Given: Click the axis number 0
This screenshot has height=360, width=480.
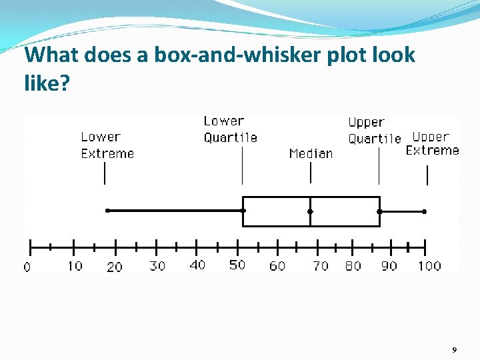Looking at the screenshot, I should [x=27, y=267].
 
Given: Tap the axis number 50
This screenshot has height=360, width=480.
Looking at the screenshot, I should [x=237, y=265].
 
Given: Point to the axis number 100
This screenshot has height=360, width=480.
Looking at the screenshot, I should [x=429, y=265].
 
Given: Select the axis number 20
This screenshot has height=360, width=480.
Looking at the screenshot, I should [x=115, y=267].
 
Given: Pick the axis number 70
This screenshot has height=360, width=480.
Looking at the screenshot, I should [x=321, y=265].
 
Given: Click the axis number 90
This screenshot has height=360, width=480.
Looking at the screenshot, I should [x=389, y=265].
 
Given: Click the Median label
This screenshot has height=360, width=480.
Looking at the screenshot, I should [x=311, y=153].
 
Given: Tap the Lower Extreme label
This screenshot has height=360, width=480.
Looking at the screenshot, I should [x=107, y=145].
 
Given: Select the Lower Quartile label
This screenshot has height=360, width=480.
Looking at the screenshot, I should [x=230, y=129].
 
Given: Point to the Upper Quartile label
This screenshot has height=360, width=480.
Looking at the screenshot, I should [x=374, y=131].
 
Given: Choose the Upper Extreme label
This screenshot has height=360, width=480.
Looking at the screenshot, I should [x=433, y=143].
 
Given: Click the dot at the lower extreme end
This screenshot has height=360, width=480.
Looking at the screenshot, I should [x=107, y=211].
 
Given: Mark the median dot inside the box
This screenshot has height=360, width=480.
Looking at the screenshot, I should [x=310, y=211].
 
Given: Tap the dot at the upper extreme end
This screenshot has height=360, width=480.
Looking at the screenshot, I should [x=425, y=211].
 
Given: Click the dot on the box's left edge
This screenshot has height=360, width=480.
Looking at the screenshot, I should [x=243, y=211].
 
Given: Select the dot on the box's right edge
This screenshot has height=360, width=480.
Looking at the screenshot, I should [x=379, y=211].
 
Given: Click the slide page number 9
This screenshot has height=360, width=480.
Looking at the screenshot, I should [x=454, y=350].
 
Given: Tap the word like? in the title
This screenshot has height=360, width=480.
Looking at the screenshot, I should [x=47, y=83].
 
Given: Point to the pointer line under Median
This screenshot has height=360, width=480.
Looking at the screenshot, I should [x=311, y=173].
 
